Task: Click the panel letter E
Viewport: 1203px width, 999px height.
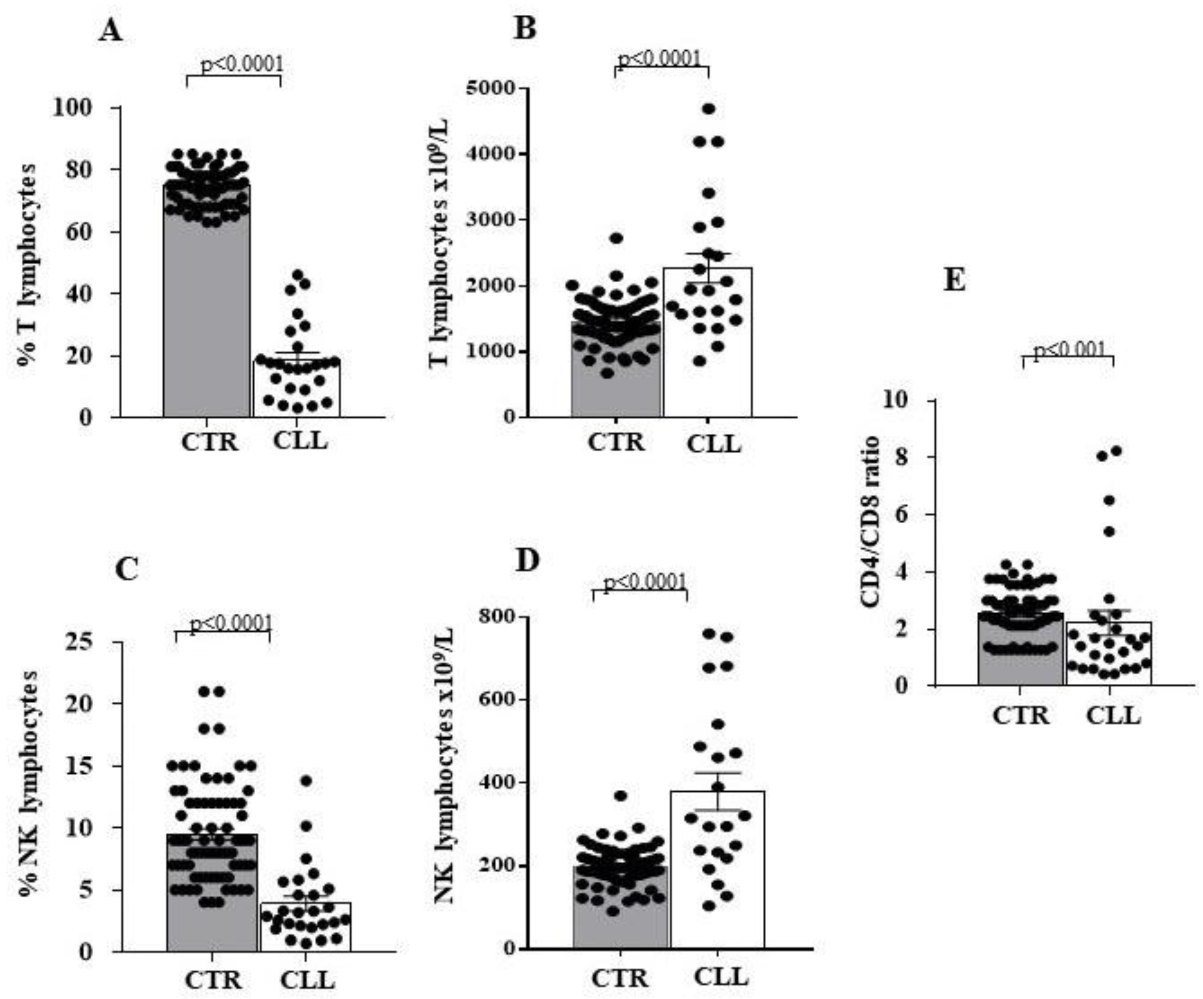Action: point(954,281)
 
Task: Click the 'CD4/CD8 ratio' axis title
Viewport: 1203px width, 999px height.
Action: point(870,522)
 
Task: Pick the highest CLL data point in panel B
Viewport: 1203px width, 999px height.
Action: point(709,109)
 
